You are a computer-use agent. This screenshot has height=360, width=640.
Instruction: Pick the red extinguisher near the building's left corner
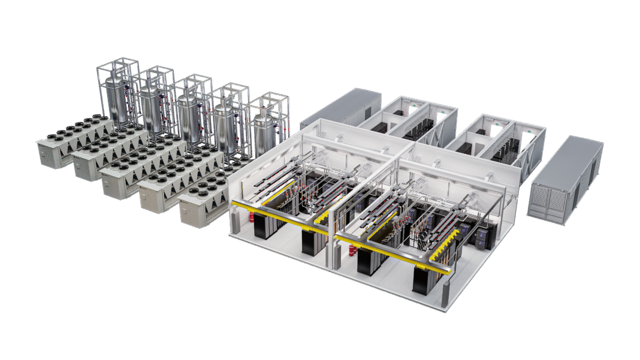point(239,223)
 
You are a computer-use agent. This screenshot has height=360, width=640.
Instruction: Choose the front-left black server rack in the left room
point(261,225)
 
